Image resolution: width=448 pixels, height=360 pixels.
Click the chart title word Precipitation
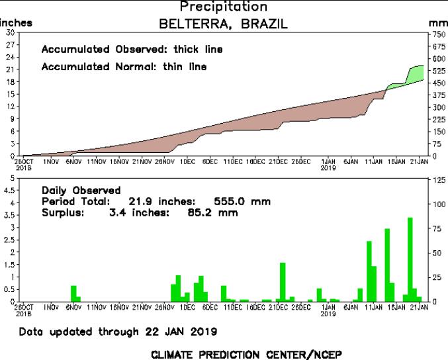(x=224, y=7)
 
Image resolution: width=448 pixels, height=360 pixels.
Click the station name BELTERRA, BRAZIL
(x=224, y=24)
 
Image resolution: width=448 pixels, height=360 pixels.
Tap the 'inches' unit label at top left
(x=16, y=22)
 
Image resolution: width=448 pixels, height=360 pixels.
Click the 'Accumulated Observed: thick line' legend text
(x=132, y=50)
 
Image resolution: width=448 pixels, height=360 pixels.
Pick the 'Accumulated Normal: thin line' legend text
(x=124, y=67)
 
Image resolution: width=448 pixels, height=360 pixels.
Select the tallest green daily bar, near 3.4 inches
(x=410, y=258)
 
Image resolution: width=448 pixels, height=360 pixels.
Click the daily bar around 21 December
(x=283, y=281)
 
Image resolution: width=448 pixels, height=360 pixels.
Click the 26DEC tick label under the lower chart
(x=301, y=308)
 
